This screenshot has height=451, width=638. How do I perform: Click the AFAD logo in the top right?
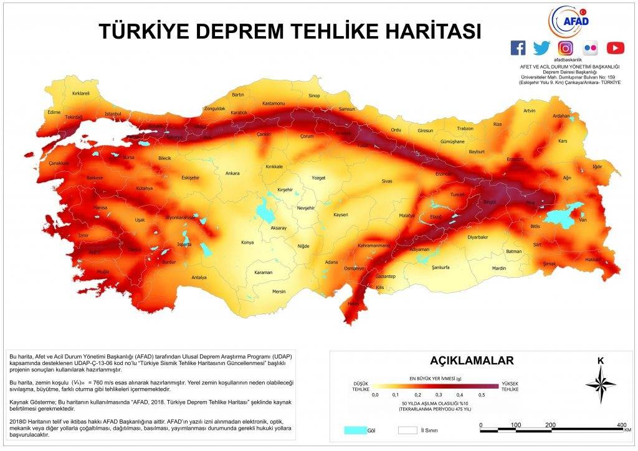pyautogui.click(x=568, y=22)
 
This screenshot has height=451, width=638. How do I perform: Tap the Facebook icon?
pyautogui.click(x=518, y=48)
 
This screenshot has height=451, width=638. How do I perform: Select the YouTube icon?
pyautogui.click(x=616, y=48)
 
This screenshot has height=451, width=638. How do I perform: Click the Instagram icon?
pyautogui.click(x=566, y=48)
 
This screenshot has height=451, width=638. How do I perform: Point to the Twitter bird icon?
pyautogui.click(x=541, y=48)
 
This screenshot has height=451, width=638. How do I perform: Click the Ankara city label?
pyautogui.click(x=232, y=173)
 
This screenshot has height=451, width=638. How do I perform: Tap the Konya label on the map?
pyautogui.click(x=248, y=242)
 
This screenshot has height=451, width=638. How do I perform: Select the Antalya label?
pyautogui.click(x=199, y=277)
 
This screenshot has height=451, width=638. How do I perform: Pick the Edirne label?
pyautogui.click(x=54, y=112)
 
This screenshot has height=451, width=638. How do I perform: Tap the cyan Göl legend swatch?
pyautogui.click(x=355, y=430)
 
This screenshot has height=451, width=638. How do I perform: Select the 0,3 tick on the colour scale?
pyautogui.click(x=438, y=394)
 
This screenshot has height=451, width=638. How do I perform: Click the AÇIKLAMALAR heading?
pyautogui.click(x=472, y=361)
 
